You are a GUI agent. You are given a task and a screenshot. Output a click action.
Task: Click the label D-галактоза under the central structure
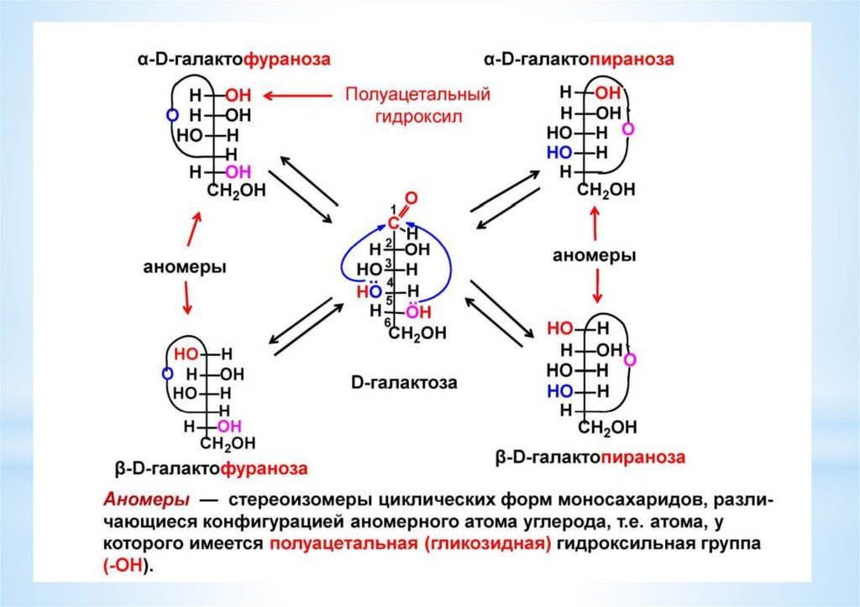[x=404, y=385]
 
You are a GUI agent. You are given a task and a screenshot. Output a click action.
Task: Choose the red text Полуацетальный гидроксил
[x=417, y=105]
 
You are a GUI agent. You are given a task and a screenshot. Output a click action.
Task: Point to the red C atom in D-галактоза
[x=392, y=223]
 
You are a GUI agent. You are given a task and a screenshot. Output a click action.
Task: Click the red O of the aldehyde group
[x=410, y=199]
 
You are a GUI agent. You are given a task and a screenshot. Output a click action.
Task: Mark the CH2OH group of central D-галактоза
[x=417, y=334]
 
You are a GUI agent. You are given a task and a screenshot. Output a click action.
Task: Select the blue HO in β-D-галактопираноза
[x=559, y=390]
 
